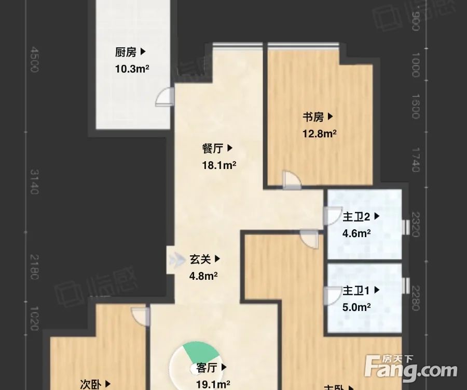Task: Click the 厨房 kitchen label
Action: tap(126, 52)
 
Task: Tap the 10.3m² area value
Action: tap(132, 69)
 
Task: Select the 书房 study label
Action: tap(313, 117)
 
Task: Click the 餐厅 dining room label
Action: tap(213, 149)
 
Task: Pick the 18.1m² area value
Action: tap(219, 165)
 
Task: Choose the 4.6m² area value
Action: tap(356, 233)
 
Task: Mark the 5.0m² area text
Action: tap(356, 307)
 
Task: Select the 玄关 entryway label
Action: tap(200, 258)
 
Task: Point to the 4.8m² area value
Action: tap(203, 276)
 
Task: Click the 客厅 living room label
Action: tap(207, 368)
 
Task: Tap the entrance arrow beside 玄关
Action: tap(175, 258)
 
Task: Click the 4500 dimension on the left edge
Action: tap(34, 60)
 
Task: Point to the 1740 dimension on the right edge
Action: tap(415, 160)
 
